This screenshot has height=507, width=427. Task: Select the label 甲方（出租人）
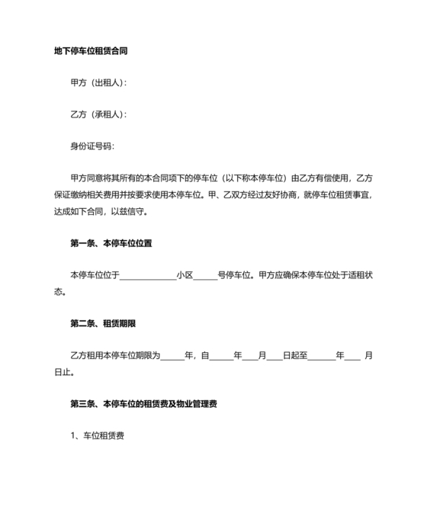pyautogui.click(x=98, y=82)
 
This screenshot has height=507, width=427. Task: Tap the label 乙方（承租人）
pyautogui.click(x=98, y=114)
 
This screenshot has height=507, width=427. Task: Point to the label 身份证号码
pyautogui.click(x=92, y=146)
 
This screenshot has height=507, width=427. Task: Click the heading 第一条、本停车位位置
pyautogui.click(x=111, y=244)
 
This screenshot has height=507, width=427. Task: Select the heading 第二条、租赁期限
pyautogui.click(x=103, y=323)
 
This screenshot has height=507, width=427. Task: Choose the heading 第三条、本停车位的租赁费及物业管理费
pyautogui.click(x=144, y=403)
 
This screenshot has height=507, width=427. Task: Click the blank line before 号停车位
pyautogui.click(x=206, y=275)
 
